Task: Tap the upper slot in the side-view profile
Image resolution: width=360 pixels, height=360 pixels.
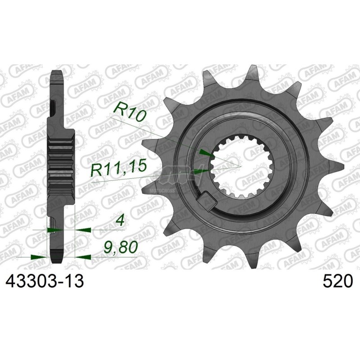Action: pos(54,108)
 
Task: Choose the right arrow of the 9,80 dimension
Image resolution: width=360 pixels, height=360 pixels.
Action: pos(81,256)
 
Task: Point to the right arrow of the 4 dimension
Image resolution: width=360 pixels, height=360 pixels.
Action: pos(81,229)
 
